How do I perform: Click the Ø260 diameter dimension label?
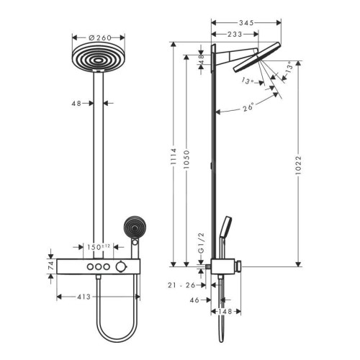(100, 37)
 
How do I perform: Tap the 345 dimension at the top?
(246, 23)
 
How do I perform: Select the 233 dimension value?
(235, 35)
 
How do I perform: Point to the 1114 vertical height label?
(173, 157)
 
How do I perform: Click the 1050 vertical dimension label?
(186, 159)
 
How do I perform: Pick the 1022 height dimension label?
(298, 165)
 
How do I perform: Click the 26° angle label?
(248, 107)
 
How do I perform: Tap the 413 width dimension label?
(84, 297)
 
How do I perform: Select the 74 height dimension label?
(51, 266)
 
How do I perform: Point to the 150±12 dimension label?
(99, 247)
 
